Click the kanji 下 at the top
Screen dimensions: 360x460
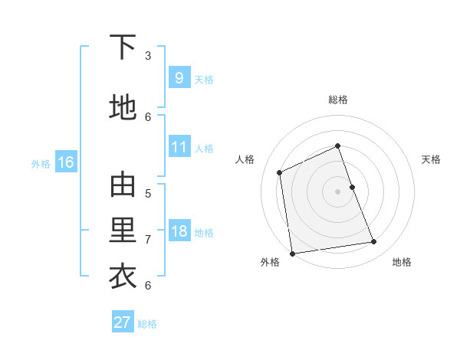point(123,47)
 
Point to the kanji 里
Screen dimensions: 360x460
point(123,231)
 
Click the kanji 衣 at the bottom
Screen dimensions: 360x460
point(123,277)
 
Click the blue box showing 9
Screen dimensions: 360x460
point(179,77)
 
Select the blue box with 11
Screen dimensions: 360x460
point(179,147)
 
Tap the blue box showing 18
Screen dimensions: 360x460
point(179,231)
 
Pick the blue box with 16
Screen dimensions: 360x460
point(65,162)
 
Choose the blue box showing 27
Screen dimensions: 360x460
point(122,322)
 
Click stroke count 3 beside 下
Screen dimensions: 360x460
point(149,55)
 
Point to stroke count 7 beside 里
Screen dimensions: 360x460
point(149,239)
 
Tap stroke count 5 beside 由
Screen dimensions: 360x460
point(149,193)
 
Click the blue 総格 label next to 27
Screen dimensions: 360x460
point(147,324)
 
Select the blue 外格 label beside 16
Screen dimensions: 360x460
point(41,163)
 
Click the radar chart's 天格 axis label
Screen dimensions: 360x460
point(432,159)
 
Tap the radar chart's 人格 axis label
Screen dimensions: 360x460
point(245,159)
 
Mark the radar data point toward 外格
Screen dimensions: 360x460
point(292,253)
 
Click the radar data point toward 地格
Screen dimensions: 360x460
point(374,242)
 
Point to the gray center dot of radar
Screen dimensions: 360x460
point(338,191)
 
